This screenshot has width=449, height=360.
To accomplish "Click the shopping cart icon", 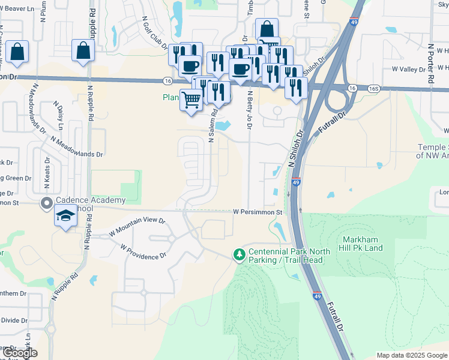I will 191,99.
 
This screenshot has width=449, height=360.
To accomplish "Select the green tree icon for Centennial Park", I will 240,255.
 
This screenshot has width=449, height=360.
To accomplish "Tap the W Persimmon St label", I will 258,212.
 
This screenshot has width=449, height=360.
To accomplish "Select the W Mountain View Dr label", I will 137,226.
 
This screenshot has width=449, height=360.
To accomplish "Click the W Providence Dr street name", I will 143,251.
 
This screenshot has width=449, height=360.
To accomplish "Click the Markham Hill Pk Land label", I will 361,244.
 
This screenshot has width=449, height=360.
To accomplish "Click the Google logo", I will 20,353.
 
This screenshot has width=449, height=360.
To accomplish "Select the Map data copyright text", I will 412,355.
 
